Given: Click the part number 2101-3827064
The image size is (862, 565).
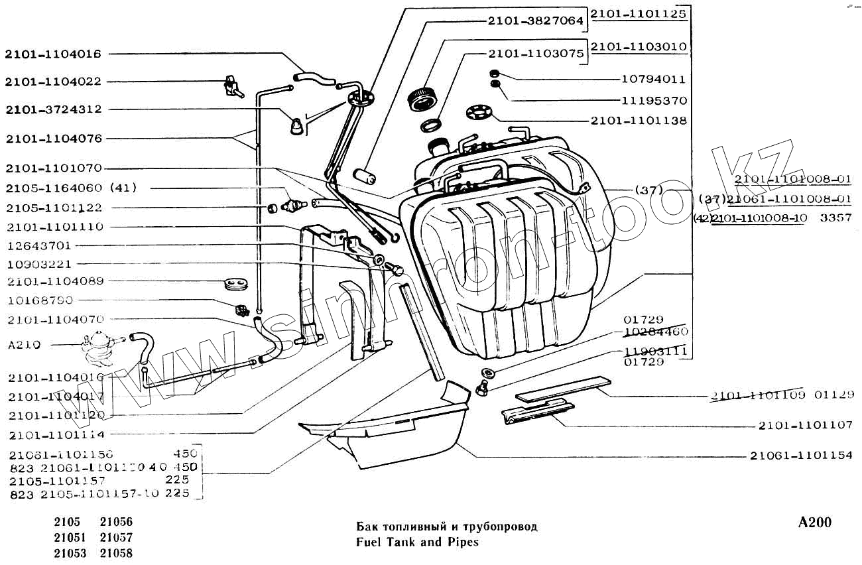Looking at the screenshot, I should [x=536, y=21].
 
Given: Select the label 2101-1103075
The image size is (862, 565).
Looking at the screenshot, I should [x=536, y=54].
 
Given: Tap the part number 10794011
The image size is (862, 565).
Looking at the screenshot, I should [x=653, y=79].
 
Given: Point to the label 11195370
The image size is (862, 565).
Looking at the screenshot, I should [x=653, y=101].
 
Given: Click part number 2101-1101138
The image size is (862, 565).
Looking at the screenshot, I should [x=639, y=121].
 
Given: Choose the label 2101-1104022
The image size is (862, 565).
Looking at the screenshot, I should [x=54, y=82].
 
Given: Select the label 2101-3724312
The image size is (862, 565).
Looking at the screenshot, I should [x=54, y=109].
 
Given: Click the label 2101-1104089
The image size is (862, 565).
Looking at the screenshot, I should [x=56, y=281].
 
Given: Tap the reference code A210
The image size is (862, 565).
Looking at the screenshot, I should [x=24, y=345].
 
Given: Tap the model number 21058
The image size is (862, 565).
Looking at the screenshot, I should [x=116, y=553].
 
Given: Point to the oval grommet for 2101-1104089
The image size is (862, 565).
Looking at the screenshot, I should [x=235, y=284].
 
